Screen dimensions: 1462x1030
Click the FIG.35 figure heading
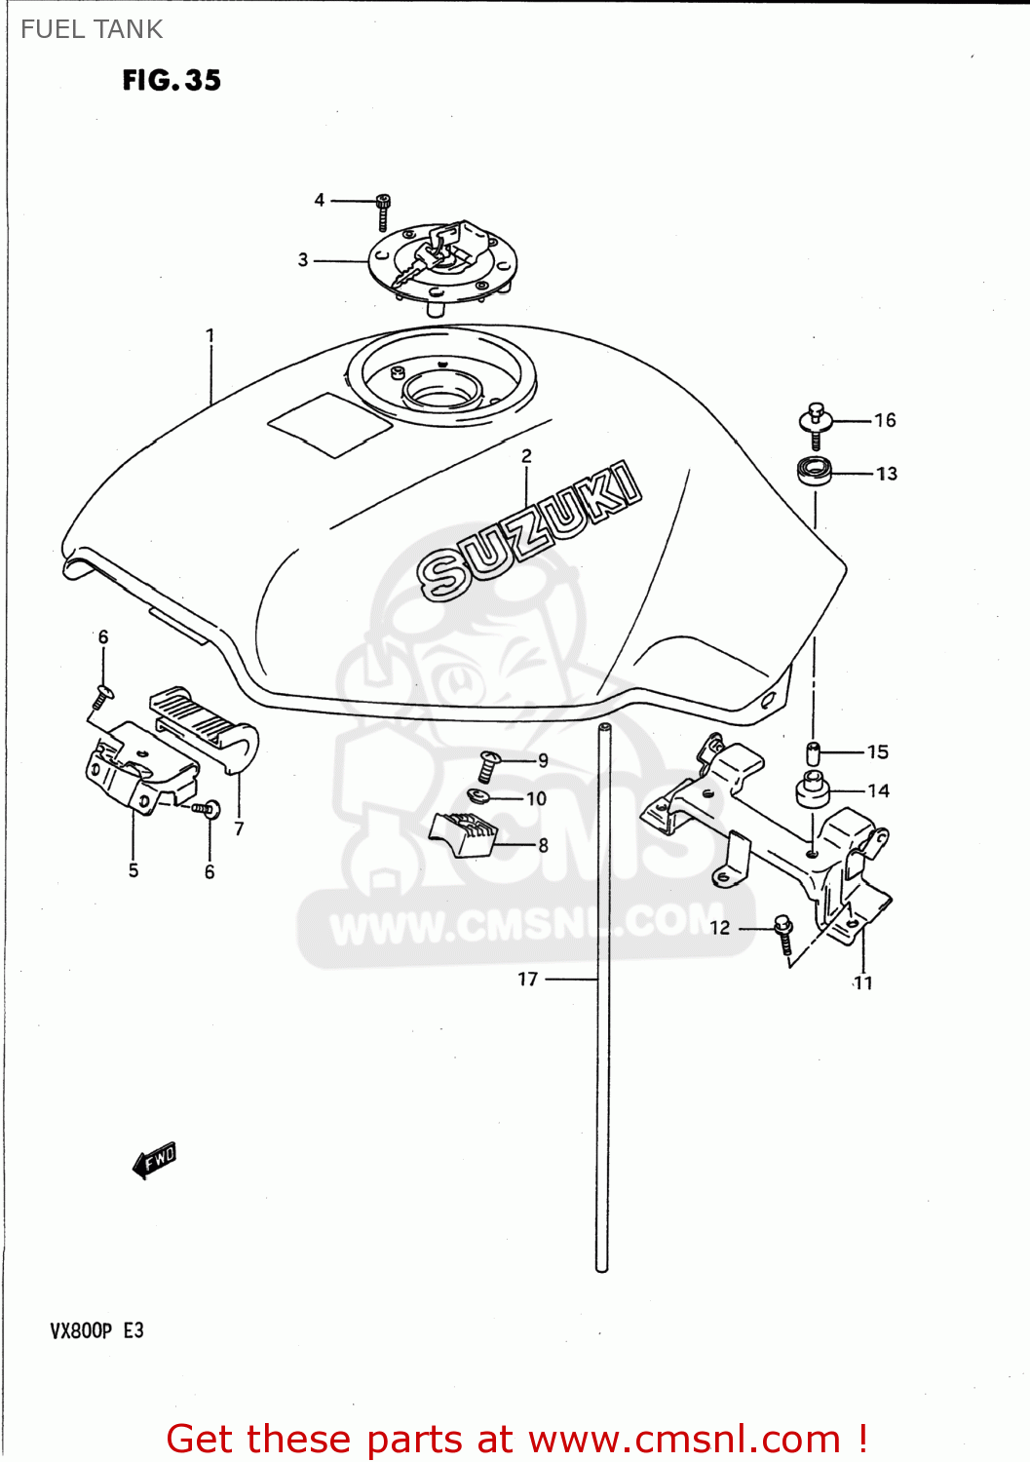(172, 80)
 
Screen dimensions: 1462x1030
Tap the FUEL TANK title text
(92, 29)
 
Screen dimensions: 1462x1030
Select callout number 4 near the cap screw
(320, 200)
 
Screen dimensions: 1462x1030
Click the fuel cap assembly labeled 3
(443, 260)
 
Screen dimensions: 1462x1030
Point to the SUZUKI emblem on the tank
(531, 530)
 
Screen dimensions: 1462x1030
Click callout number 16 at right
(885, 420)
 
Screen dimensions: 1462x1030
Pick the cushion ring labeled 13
(814, 472)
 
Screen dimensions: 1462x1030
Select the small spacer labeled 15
(812, 752)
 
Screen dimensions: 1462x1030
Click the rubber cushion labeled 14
(813, 789)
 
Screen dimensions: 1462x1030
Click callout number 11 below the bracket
(863, 982)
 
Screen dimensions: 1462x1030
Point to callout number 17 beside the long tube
(527, 979)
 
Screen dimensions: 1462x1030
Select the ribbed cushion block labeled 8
(465, 834)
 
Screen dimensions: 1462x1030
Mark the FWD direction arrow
(155, 1160)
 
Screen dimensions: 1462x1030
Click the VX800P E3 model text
(96, 1330)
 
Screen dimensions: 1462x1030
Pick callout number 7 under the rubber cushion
(240, 828)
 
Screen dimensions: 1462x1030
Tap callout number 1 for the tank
(210, 335)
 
